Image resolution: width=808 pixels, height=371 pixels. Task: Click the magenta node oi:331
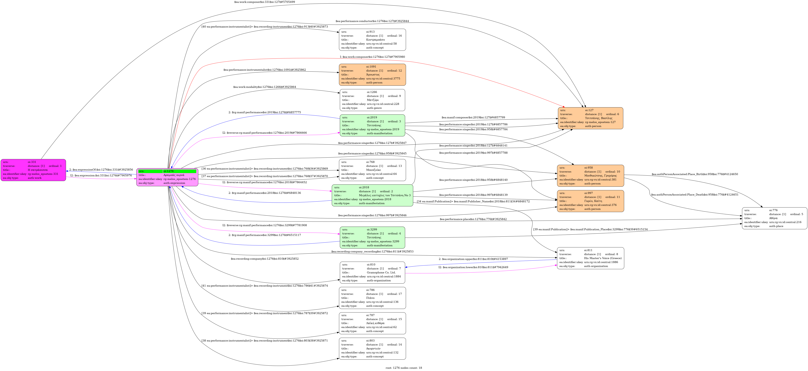pyautogui.click(x=33, y=170)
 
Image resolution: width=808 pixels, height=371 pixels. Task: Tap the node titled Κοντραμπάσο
pyautogui.click(x=372, y=40)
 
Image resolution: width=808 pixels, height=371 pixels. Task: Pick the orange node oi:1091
pyautogui.click(x=372, y=75)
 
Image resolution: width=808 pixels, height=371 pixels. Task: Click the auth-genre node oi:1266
pyautogui.click(x=372, y=100)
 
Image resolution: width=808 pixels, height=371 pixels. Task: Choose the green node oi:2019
pyautogui.click(x=372, y=125)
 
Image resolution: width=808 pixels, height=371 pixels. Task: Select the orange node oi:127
pyautogui.click(x=590, y=118)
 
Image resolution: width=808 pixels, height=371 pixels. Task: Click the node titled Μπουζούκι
pyautogui.click(x=372, y=170)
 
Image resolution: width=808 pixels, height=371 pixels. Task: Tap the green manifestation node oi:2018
pyautogui.click(x=372, y=195)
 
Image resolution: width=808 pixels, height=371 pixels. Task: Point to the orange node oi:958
pyautogui.click(x=590, y=176)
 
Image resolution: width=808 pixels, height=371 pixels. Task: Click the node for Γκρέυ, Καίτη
pyautogui.click(x=590, y=201)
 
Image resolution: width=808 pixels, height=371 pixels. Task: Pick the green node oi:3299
pyautogui.click(x=372, y=237)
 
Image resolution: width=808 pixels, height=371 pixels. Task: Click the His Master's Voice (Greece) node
pyautogui.click(x=590, y=258)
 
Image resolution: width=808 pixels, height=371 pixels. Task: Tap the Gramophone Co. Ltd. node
pyautogui.click(x=372, y=273)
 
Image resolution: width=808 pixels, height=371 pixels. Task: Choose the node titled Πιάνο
pyautogui.click(x=372, y=298)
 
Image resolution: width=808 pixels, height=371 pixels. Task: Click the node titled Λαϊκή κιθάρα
pyautogui.click(x=372, y=323)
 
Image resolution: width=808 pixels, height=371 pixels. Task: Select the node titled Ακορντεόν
pyautogui.click(x=372, y=348)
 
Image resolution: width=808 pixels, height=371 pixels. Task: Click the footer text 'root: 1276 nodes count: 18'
pyautogui.click(x=404, y=368)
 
